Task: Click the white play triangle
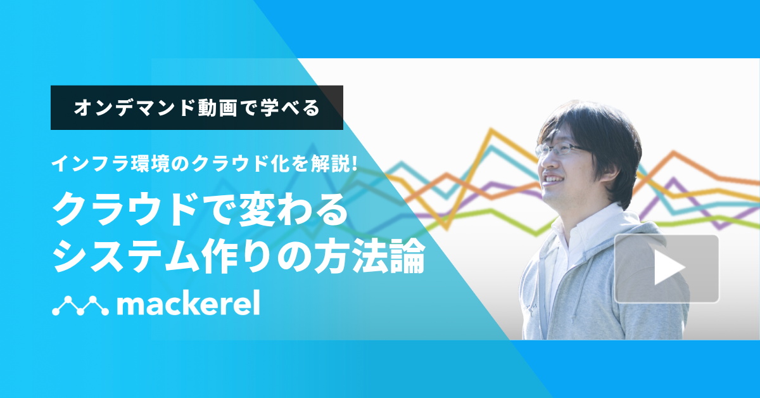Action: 669,269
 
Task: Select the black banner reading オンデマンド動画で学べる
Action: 196,108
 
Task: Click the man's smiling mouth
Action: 552,180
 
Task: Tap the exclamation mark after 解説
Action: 355,165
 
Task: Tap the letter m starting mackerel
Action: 130,307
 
